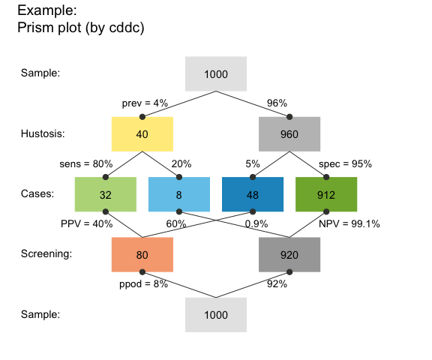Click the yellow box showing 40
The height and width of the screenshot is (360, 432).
tap(142, 134)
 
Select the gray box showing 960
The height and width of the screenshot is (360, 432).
tap(289, 134)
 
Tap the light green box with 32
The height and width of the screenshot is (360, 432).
tap(106, 194)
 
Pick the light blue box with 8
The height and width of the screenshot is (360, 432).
tap(179, 194)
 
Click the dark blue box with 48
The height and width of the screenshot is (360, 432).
tap(253, 194)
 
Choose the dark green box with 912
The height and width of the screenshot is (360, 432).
tap(326, 194)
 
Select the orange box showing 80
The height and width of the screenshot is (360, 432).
tap(142, 254)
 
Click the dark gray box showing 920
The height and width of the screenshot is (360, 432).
tap(289, 254)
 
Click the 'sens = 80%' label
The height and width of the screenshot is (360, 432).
tap(85, 163)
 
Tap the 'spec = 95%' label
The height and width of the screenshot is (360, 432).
tap(345, 163)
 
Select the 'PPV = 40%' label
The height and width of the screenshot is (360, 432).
tap(86, 223)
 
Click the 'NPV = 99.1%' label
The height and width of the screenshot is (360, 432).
tap(349, 223)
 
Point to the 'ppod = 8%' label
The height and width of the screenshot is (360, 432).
tap(143, 284)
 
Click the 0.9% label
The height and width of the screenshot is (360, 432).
tap(256, 223)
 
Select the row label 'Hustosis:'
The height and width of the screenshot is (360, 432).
tap(43, 134)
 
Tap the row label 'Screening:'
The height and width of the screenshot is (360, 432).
tap(46, 254)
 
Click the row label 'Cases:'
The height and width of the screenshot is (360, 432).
tap(37, 194)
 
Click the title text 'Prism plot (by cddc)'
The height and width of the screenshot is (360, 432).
tap(80, 28)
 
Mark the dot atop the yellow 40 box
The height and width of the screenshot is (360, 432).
tap(142, 116)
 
